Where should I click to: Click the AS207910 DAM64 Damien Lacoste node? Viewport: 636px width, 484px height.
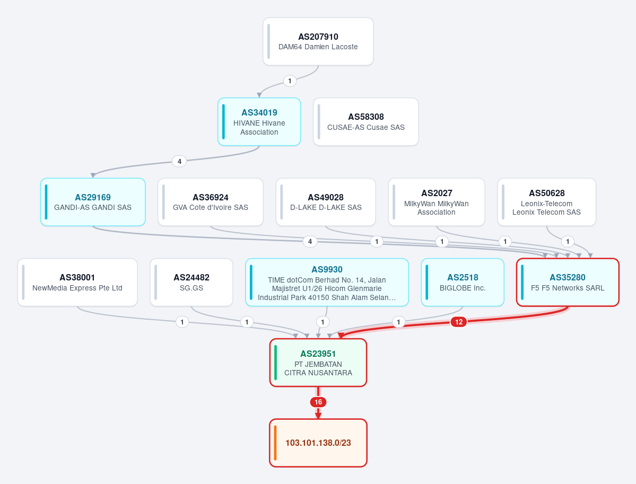click(318, 41)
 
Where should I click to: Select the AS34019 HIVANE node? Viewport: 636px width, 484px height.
click(259, 121)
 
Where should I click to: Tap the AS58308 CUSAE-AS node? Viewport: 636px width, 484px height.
click(366, 121)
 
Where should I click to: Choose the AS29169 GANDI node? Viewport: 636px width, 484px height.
click(93, 202)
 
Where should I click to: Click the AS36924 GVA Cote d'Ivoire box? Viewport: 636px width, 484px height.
click(211, 202)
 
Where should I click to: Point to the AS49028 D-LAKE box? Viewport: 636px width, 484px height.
click(326, 202)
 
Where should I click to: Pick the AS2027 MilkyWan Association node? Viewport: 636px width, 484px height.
click(437, 202)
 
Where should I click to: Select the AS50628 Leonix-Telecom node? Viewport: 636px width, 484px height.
click(547, 202)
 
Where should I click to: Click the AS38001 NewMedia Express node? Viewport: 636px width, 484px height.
click(77, 282)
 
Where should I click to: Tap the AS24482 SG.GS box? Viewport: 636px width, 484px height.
click(191, 282)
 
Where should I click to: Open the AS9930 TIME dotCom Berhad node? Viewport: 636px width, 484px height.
click(327, 282)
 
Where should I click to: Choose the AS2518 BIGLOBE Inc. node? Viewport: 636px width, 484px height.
click(463, 282)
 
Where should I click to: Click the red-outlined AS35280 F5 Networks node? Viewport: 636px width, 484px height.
click(568, 282)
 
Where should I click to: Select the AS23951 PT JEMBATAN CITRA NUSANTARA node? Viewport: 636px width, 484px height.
click(318, 363)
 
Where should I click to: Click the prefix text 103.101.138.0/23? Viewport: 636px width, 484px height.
click(318, 443)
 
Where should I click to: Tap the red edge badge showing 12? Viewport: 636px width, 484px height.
click(459, 322)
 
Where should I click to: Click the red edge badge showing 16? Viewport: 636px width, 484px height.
click(318, 402)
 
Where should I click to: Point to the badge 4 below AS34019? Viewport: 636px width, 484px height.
click(179, 161)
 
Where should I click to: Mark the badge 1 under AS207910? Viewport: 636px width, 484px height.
click(290, 81)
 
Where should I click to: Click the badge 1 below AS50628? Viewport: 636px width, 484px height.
click(568, 242)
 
